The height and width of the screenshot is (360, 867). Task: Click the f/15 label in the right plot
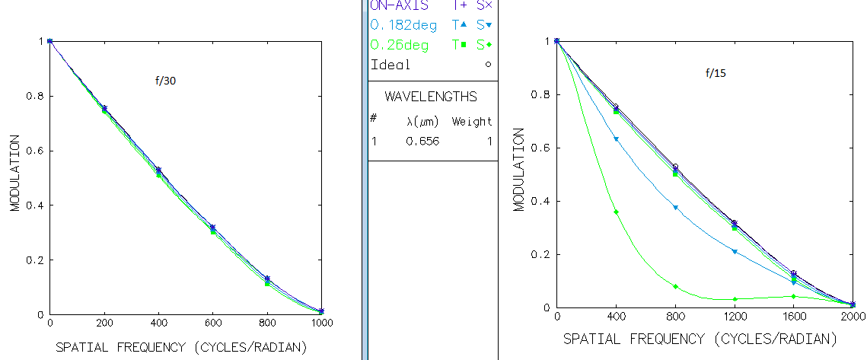[x=714, y=74]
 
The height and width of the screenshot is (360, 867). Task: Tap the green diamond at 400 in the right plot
[x=616, y=212]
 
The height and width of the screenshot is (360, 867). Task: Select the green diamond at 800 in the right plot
[x=675, y=286]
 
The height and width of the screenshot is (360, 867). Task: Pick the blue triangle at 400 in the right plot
[x=616, y=139]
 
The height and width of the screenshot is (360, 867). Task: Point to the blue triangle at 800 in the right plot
[x=675, y=207]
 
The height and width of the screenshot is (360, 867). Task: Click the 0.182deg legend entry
[x=403, y=26]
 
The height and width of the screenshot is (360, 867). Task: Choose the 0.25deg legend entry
[x=400, y=45]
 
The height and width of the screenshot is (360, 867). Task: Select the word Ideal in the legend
[x=390, y=65]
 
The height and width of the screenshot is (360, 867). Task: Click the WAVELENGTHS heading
[x=431, y=97]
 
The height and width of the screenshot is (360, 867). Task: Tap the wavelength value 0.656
[x=424, y=141]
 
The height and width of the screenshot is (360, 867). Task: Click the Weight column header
[x=472, y=121]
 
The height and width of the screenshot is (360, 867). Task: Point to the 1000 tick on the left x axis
[x=323, y=325]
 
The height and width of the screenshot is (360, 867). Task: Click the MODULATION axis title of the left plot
[x=15, y=174]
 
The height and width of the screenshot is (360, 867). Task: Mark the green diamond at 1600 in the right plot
[x=793, y=296]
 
